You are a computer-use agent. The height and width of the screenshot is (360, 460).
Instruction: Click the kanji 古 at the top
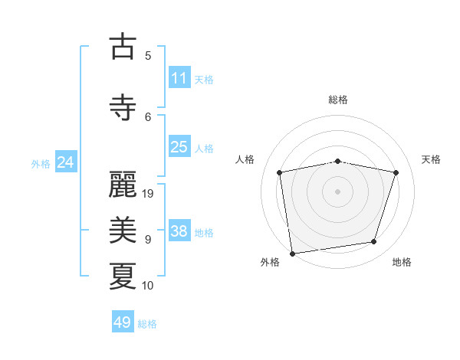click(x=123, y=47)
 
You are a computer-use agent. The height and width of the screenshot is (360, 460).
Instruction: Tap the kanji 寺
click(x=123, y=107)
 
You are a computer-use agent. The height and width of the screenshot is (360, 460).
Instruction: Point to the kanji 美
click(x=123, y=230)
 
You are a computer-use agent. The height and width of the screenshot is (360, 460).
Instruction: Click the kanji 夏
click(x=123, y=276)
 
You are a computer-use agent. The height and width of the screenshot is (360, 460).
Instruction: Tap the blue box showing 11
click(x=179, y=78)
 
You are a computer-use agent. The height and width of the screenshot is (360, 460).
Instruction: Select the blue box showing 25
click(x=179, y=147)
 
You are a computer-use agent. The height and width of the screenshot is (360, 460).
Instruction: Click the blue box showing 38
click(x=179, y=231)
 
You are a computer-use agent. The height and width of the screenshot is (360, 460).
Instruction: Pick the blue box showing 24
click(x=65, y=162)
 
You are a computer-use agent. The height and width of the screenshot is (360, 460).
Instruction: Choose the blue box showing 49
click(x=122, y=322)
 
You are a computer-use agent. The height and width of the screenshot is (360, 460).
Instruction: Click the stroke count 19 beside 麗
click(x=149, y=194)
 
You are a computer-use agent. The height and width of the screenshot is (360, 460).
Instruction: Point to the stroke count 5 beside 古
click(x=148, y=55)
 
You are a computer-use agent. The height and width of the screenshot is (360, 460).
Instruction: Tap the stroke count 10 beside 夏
click(x=149, y=286)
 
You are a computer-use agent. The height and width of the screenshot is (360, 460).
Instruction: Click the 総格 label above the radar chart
click(x=338, y=100)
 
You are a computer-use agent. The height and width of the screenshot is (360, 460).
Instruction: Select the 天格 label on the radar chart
click(x=431, y=159)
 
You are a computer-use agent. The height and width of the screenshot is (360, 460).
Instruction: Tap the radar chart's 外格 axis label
click(x=270, y=262)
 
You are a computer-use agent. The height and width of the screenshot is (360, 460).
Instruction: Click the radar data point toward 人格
click(x=280, y=172)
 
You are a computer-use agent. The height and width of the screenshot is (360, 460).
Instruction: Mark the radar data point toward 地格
click(x=374, y=242)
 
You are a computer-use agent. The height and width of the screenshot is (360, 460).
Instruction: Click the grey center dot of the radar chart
click(x=338, y=191)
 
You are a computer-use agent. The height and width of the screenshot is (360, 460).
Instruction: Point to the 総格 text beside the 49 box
click(x=147, y=324)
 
